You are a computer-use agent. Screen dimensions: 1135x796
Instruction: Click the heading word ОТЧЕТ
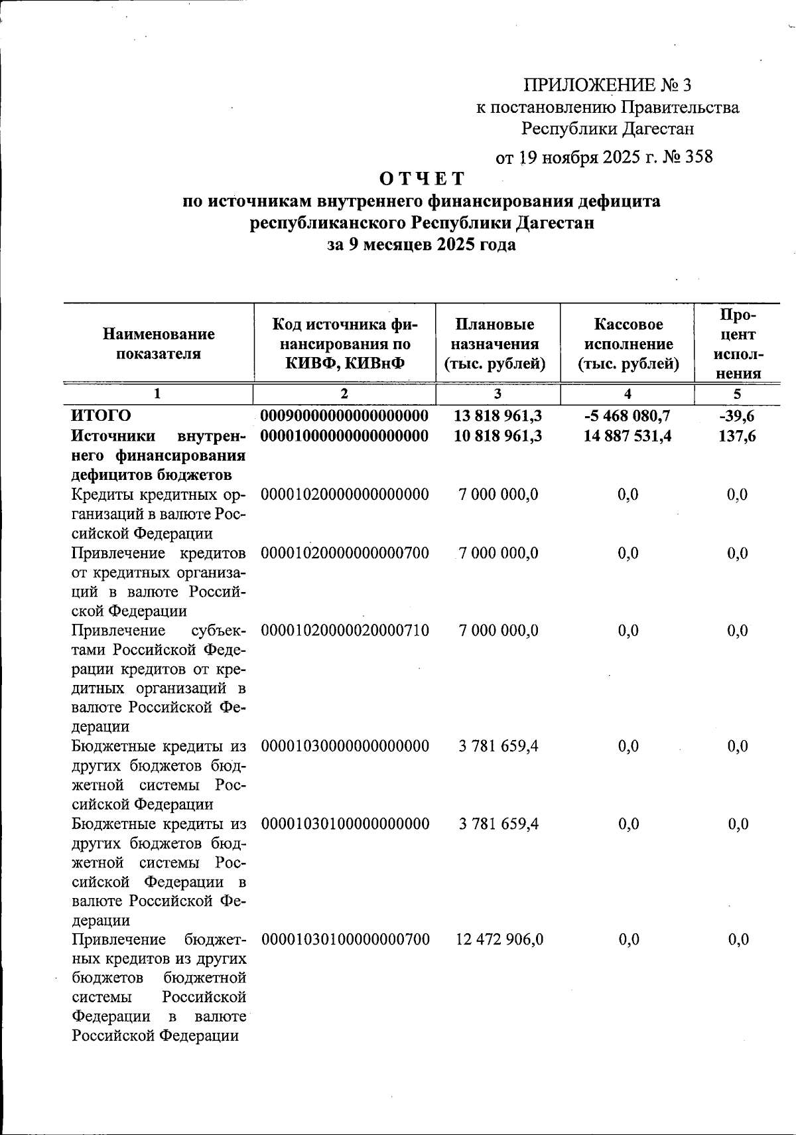422,179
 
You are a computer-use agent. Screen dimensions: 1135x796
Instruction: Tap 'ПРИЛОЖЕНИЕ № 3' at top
608,85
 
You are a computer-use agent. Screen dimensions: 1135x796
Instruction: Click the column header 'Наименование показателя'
159,344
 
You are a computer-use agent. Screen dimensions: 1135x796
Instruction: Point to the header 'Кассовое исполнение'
628,344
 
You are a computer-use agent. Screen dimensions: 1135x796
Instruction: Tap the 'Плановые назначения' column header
495,344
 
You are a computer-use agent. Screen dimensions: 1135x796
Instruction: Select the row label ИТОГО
101,416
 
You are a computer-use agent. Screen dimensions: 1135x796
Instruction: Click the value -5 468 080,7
628,416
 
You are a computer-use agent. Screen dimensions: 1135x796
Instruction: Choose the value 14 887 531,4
628,436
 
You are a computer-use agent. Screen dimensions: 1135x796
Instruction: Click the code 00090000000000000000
344,416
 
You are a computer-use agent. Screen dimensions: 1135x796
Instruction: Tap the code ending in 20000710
344,630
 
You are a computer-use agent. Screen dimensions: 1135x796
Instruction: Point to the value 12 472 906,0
499,939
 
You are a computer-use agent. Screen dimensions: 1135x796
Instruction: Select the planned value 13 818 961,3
498,416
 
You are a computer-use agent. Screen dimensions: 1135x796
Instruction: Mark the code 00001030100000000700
344,939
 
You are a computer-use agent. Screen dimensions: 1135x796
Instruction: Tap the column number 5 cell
737,394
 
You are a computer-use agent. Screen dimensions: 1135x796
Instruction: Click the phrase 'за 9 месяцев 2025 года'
422,245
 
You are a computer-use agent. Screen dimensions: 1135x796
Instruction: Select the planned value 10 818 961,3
498,436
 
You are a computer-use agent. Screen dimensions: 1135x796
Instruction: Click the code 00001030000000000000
344,746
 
